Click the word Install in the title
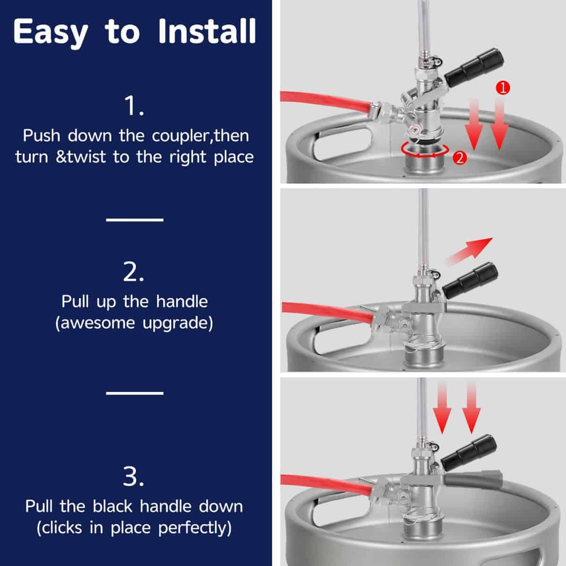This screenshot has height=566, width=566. (207, 32)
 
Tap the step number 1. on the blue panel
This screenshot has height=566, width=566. (134, 107)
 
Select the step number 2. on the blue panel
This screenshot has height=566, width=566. (134, 272)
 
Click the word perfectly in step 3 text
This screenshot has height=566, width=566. (195, 527)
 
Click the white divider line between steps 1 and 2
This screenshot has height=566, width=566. (134, 219)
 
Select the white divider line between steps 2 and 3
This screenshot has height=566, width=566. (134, 392)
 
